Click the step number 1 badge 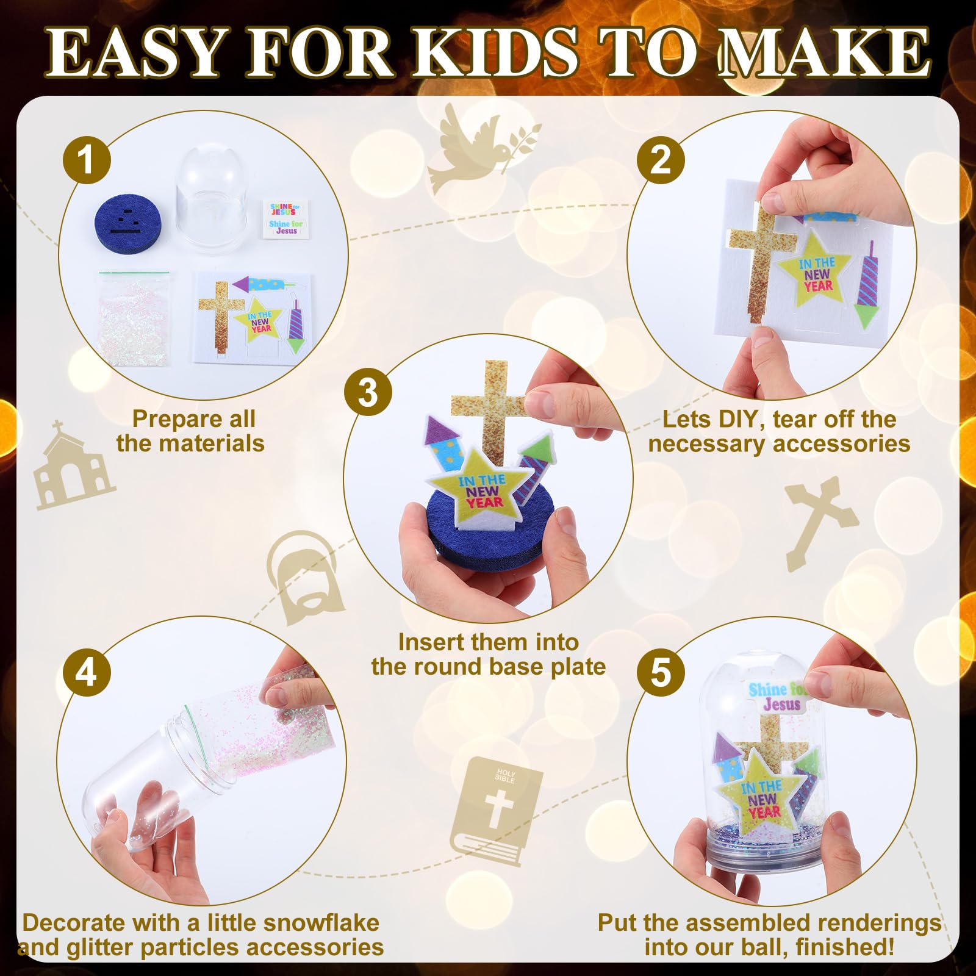point(87,160)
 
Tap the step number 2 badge point(661,160)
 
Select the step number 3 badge point(368,393)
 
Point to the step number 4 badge point(87,673)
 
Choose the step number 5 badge point(661,673)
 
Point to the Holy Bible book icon point(495,810)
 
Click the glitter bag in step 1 point(134,321)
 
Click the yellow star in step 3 point(482,491)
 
